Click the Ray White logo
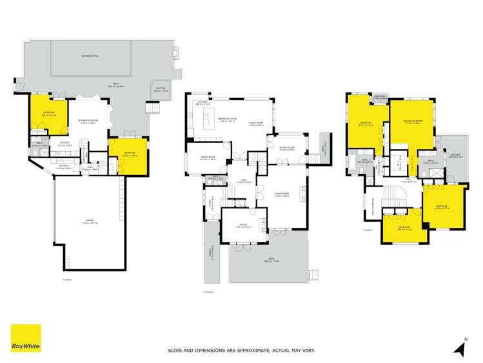(x=26, y=338)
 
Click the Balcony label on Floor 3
(x=455, y=156)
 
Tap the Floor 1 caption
(x=66, y=280)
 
